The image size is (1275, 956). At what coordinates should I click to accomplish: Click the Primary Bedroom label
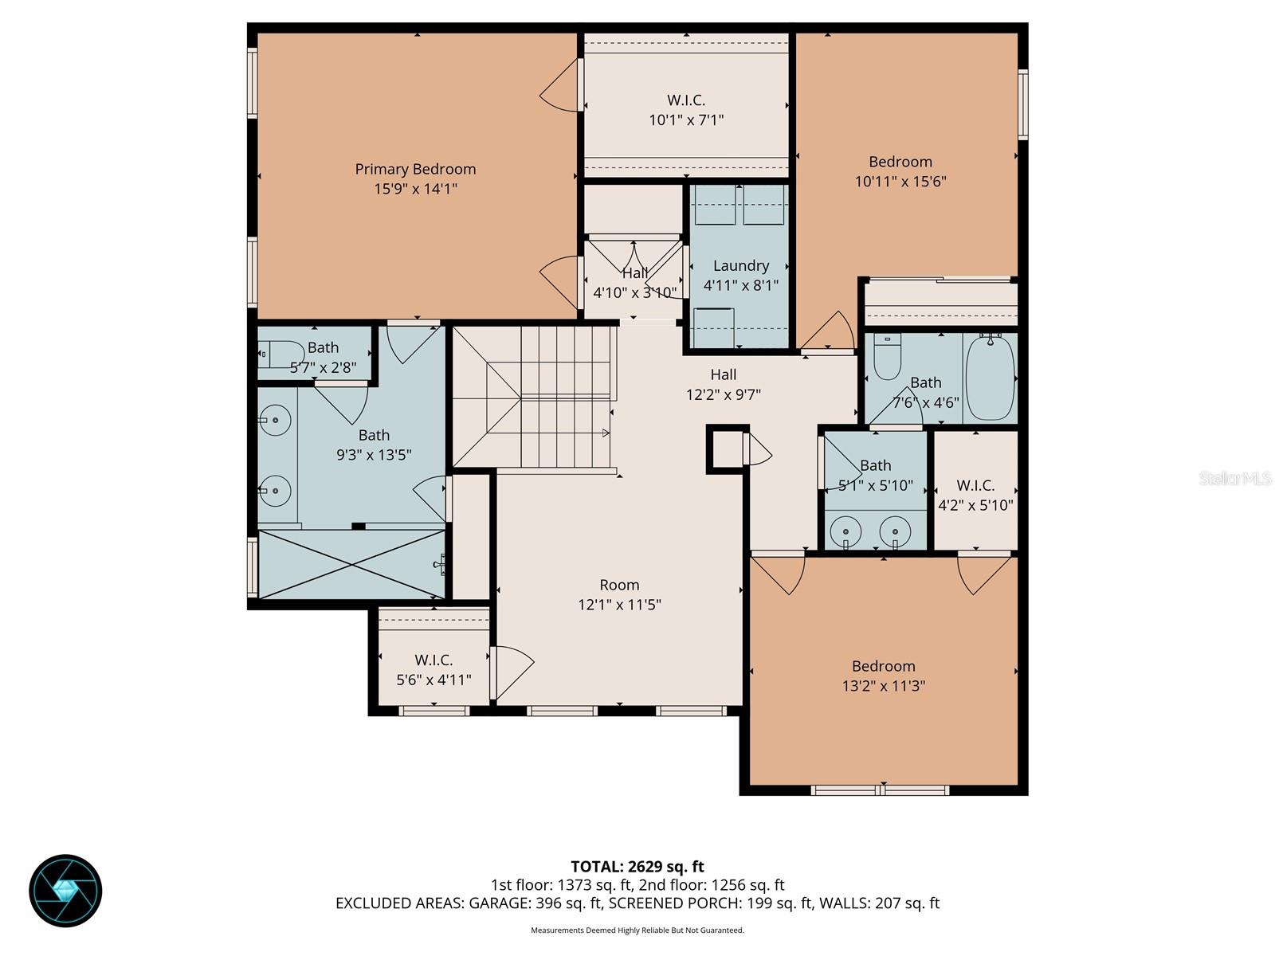(x=415, y=169)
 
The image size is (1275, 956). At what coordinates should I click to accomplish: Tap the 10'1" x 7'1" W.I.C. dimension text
(x=686, y=120)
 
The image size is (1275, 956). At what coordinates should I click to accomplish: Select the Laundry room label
(x=741, y=265)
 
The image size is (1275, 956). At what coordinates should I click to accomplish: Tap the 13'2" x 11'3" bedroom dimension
(x=883, y=686)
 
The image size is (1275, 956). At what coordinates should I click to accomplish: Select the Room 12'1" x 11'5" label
(x=619, y=585)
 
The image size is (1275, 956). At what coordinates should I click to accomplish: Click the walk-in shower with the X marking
(x=351, y=563)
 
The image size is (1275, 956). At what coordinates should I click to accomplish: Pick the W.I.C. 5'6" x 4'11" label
(x=433, y=660)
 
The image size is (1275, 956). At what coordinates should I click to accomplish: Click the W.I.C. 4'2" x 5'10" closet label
(x=975, y=485)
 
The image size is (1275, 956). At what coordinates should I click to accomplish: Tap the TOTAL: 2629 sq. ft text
(x=637, y=867)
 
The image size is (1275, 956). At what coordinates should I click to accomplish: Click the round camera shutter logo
(x=65, y=891)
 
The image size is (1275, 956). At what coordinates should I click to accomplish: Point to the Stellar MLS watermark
(x=1234, y=478)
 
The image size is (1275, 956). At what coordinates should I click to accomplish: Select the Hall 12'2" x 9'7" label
(x=724, y=374)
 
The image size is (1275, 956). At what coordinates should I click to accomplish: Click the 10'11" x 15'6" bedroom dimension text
(x=900, y=181)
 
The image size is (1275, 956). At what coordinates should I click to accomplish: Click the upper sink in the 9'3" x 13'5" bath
(x=276, y=420)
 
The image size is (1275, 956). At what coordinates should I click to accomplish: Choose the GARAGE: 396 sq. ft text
(x=524, y=903)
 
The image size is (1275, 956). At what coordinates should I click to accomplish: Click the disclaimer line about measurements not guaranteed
(x=637, y=930)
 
